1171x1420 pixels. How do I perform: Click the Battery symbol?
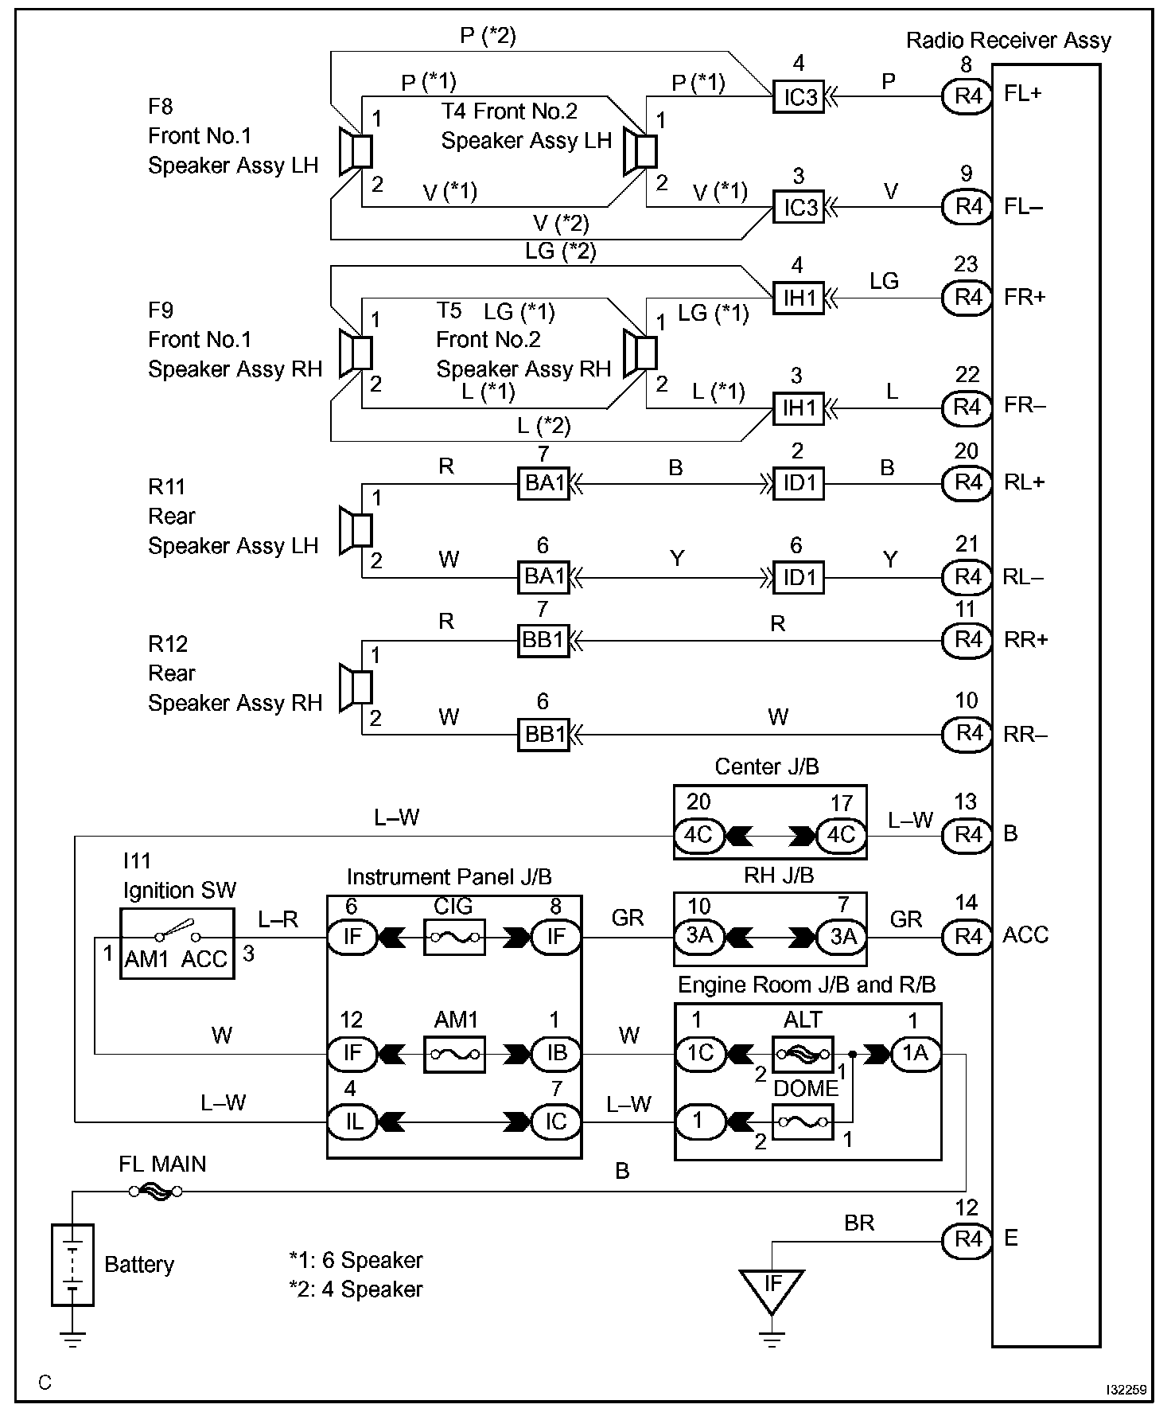(x=72, y=1264)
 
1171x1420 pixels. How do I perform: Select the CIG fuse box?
(x=454, y=938)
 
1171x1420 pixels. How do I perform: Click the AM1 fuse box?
(x=454, y=1054)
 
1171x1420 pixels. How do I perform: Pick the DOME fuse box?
(x=803, y=1122)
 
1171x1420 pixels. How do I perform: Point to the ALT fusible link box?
(x=803, y=1054)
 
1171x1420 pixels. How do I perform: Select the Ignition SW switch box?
(x=177, y=942)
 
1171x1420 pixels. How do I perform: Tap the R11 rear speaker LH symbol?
(x=356, y=530)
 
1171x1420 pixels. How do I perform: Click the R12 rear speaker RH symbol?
(x=356, y=687)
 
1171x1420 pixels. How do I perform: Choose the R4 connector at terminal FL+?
(x=967, y=96)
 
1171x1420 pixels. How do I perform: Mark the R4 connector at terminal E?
(x=967, y=1239)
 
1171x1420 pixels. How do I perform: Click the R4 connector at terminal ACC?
(x=967, y=935)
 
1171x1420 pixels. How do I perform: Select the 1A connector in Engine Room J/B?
(x=916, y=1054)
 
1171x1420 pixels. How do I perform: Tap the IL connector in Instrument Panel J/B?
(x=352, y=1122)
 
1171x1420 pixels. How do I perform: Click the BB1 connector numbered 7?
(x=544, y=640)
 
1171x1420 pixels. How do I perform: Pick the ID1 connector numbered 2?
(x=799, y=483)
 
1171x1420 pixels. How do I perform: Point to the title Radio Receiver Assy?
(x=1009, y=41)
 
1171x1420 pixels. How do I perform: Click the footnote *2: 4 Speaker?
(x=356, y=1289)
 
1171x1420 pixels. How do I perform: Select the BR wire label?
(x=859, y=1223)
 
